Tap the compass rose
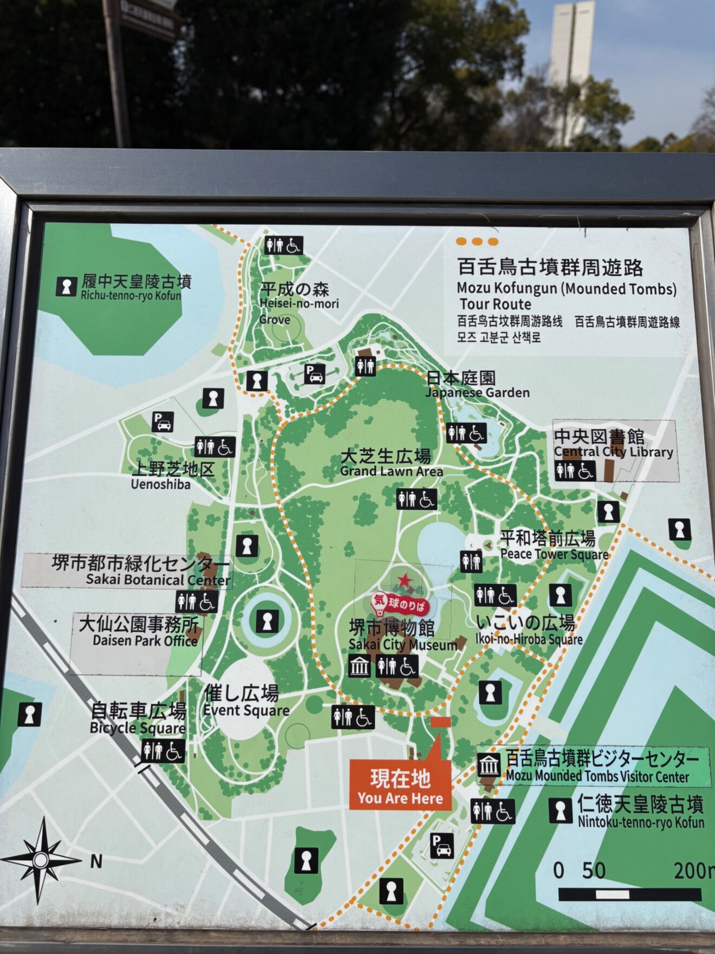pyautogui.click(x=41, y=860)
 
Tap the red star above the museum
pyautogui.click(x=404, y=582)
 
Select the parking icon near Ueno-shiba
pyautogui.click(x=162, y=421)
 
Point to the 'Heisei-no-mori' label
pyautogui.click(x=298, y=303)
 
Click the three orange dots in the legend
pyautogui.click(x=477, y=242)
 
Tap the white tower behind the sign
pyautogui.click(x=571, y=65)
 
